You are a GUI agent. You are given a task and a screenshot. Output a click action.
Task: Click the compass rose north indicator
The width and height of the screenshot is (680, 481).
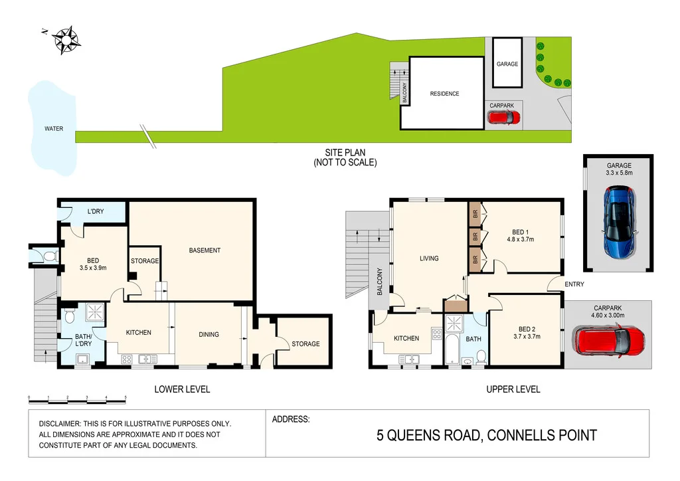coord(65,39)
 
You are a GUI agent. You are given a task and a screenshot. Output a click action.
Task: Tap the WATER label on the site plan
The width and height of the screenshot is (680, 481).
coord(54,128)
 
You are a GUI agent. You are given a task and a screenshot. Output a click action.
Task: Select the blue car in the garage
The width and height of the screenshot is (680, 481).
coord(620,223)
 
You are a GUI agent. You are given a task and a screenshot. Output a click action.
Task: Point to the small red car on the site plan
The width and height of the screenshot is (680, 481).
coord(503,118)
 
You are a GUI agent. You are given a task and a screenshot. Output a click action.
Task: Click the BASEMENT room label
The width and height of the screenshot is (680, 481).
coord(205,250)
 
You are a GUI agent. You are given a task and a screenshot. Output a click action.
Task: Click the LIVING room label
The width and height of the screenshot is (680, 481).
coord(429,258)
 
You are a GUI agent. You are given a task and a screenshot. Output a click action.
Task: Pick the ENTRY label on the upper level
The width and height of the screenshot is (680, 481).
coord(574,285)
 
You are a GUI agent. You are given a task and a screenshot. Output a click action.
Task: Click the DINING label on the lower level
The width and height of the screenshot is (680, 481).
coord(209,334)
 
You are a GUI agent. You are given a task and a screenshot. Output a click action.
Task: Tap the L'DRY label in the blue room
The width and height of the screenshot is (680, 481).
coord(96,212)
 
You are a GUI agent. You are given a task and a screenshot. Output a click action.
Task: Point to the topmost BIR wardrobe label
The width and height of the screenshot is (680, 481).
coord(475,214)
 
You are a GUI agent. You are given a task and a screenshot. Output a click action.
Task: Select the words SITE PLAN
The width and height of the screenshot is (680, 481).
coord(345,152)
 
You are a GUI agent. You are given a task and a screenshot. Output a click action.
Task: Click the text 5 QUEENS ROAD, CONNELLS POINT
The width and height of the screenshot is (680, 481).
coord(487,436)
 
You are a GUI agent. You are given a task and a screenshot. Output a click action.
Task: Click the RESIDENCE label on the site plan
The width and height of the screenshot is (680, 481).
coord(444,94)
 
